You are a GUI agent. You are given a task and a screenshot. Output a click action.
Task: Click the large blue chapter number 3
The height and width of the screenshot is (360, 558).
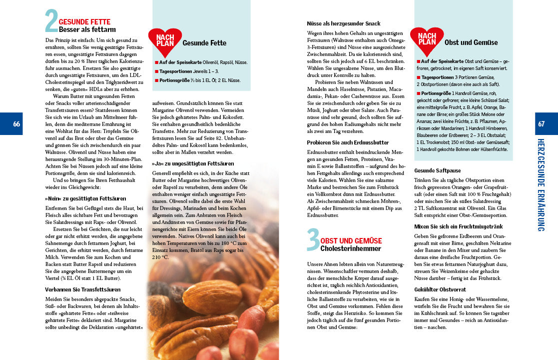313,239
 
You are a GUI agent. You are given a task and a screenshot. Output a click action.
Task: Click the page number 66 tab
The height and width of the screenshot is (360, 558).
16,124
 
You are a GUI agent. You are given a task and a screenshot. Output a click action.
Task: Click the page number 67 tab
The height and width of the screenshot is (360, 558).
542,124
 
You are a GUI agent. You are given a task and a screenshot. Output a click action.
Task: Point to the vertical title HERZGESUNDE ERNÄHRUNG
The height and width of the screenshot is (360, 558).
542,185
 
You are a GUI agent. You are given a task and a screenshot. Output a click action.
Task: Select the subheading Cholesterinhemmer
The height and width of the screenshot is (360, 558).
351,248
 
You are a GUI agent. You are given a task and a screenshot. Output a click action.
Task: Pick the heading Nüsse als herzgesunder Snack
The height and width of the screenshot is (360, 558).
344,23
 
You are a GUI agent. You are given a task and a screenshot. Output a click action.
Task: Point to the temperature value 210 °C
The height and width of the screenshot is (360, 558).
161,257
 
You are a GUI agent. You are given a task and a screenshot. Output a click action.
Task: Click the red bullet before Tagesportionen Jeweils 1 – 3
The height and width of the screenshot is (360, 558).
156,71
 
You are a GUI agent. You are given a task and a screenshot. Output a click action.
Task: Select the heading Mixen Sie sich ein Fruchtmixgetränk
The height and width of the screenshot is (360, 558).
459,226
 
